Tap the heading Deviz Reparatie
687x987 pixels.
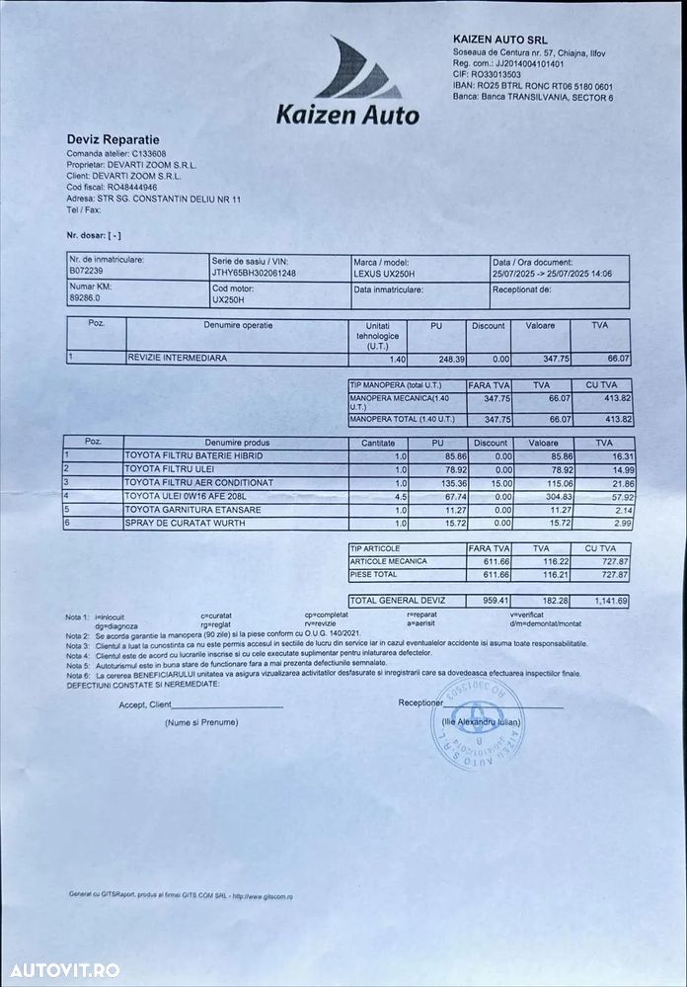(113, 140)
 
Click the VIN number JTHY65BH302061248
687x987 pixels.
(254, 272)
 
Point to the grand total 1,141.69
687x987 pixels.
(608, 600)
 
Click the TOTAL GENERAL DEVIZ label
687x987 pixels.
(397, 600)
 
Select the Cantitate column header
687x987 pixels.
(377, 443)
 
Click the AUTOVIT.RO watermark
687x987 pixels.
(62, 969)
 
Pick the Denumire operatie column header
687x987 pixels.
(238, 325)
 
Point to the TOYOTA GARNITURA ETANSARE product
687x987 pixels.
(187, 509)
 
